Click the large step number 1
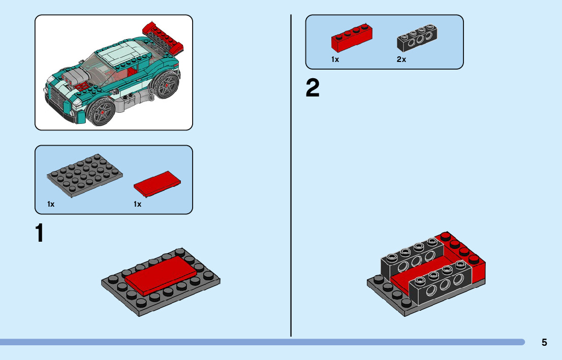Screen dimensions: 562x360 pos(39,233)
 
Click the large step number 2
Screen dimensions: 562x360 pos(313,89)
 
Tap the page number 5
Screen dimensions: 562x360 pos(544,342)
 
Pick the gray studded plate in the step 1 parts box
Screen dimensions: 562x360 pos(85,176)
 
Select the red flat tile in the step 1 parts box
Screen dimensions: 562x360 pos(158,183)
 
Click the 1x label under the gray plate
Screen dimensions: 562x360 pos(51,204)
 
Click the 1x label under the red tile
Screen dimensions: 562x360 pos(137,204)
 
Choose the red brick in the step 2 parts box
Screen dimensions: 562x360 pos(351,38)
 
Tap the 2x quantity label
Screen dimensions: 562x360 pos(401,59)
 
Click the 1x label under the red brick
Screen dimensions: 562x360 pos(335,59)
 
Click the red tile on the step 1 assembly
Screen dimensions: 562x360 pos(160,274)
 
